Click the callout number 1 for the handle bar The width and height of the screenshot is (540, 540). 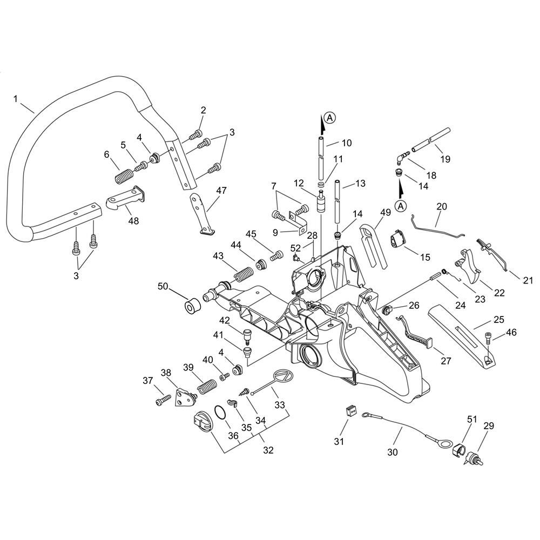16,99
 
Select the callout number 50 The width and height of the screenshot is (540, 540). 163,286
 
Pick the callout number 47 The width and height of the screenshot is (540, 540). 221,190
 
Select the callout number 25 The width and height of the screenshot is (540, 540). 499,319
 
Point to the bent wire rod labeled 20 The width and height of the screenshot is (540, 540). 437,227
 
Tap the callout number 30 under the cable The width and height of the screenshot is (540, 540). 393,453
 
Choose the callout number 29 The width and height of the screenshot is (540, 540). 489,426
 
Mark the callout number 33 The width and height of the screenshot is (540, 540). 280,404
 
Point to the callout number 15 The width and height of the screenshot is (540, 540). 425,257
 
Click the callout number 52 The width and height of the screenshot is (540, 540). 295,248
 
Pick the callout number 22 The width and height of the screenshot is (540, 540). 500,292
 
